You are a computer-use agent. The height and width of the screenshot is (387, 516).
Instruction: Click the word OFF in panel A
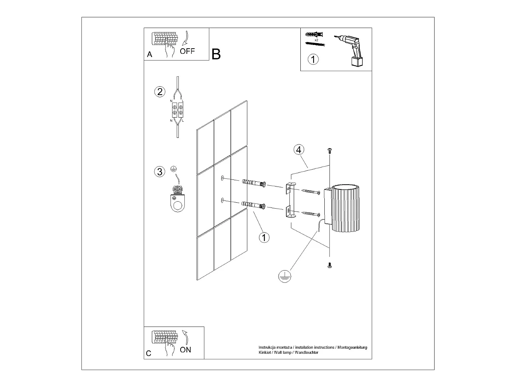pos(187,51)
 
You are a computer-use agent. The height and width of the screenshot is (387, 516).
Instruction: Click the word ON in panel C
pos(185,350)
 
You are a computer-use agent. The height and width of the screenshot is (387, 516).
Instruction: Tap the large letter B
pos(216,54)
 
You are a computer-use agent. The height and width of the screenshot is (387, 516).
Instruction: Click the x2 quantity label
pos(316,40)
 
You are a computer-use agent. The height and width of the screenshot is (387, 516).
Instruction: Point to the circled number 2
pos(160,92)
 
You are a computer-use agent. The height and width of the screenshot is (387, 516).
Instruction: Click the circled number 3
pos(160,171)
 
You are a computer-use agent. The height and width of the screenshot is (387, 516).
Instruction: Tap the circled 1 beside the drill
pos(313,59)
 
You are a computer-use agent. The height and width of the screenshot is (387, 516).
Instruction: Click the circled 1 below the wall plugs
pos(264,238)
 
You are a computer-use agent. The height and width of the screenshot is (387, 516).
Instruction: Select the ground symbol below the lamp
pos(285,276)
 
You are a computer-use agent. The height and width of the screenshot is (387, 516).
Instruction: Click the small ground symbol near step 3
pos(173,169)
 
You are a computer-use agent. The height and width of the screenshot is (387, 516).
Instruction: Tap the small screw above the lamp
pos(330,151)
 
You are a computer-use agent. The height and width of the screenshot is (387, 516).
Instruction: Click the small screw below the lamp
pos(330,265)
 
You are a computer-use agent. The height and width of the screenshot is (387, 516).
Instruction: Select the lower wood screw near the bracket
pos(311,214)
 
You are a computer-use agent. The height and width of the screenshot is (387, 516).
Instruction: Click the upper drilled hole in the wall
pos(222,178)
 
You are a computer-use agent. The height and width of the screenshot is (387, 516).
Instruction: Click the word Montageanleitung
pos(352,347)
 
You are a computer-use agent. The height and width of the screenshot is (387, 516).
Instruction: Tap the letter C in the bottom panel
pos(149,353)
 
